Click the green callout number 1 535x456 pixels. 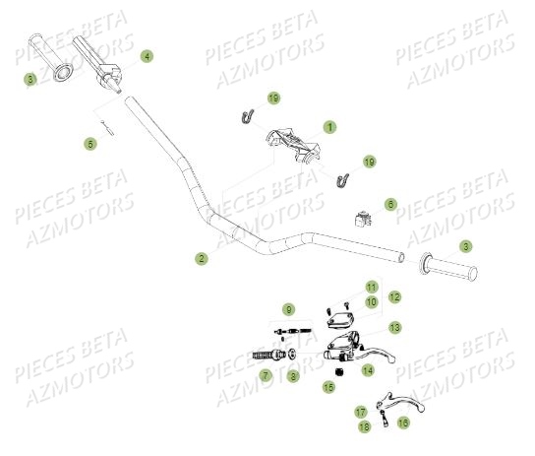[x=329, y=127]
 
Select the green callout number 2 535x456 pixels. [x=201, y=259]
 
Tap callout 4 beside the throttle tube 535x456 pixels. [x=147, y=57]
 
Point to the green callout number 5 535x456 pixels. [x=90, y=144]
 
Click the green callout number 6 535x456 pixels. [x=390, y=205]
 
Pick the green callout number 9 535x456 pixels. [x=288, y=310]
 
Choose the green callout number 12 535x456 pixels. [x=393, y=296]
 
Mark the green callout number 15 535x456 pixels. [x=329, y=388]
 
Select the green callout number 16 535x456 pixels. [x=403, y=423]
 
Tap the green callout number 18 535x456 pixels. [x=365, y=425]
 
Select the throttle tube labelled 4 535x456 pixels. [x=101, y=67]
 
